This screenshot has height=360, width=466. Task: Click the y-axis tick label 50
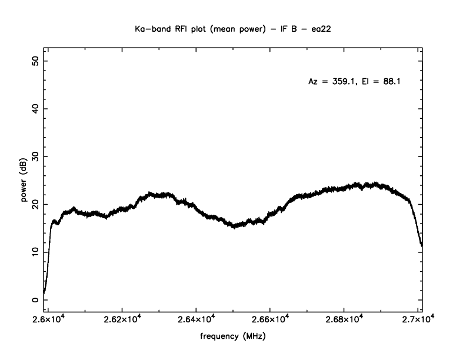(x=36, y=62)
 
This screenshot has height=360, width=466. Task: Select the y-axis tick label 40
(x=36, y=109)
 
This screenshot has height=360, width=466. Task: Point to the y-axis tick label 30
(x=36, y=157)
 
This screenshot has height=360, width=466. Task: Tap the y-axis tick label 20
(x=36, y=205)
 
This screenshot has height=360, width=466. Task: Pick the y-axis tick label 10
(x=36, y=252)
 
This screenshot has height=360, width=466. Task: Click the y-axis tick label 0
(x=36, y=299)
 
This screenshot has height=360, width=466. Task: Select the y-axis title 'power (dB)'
(x=25, y=181)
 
